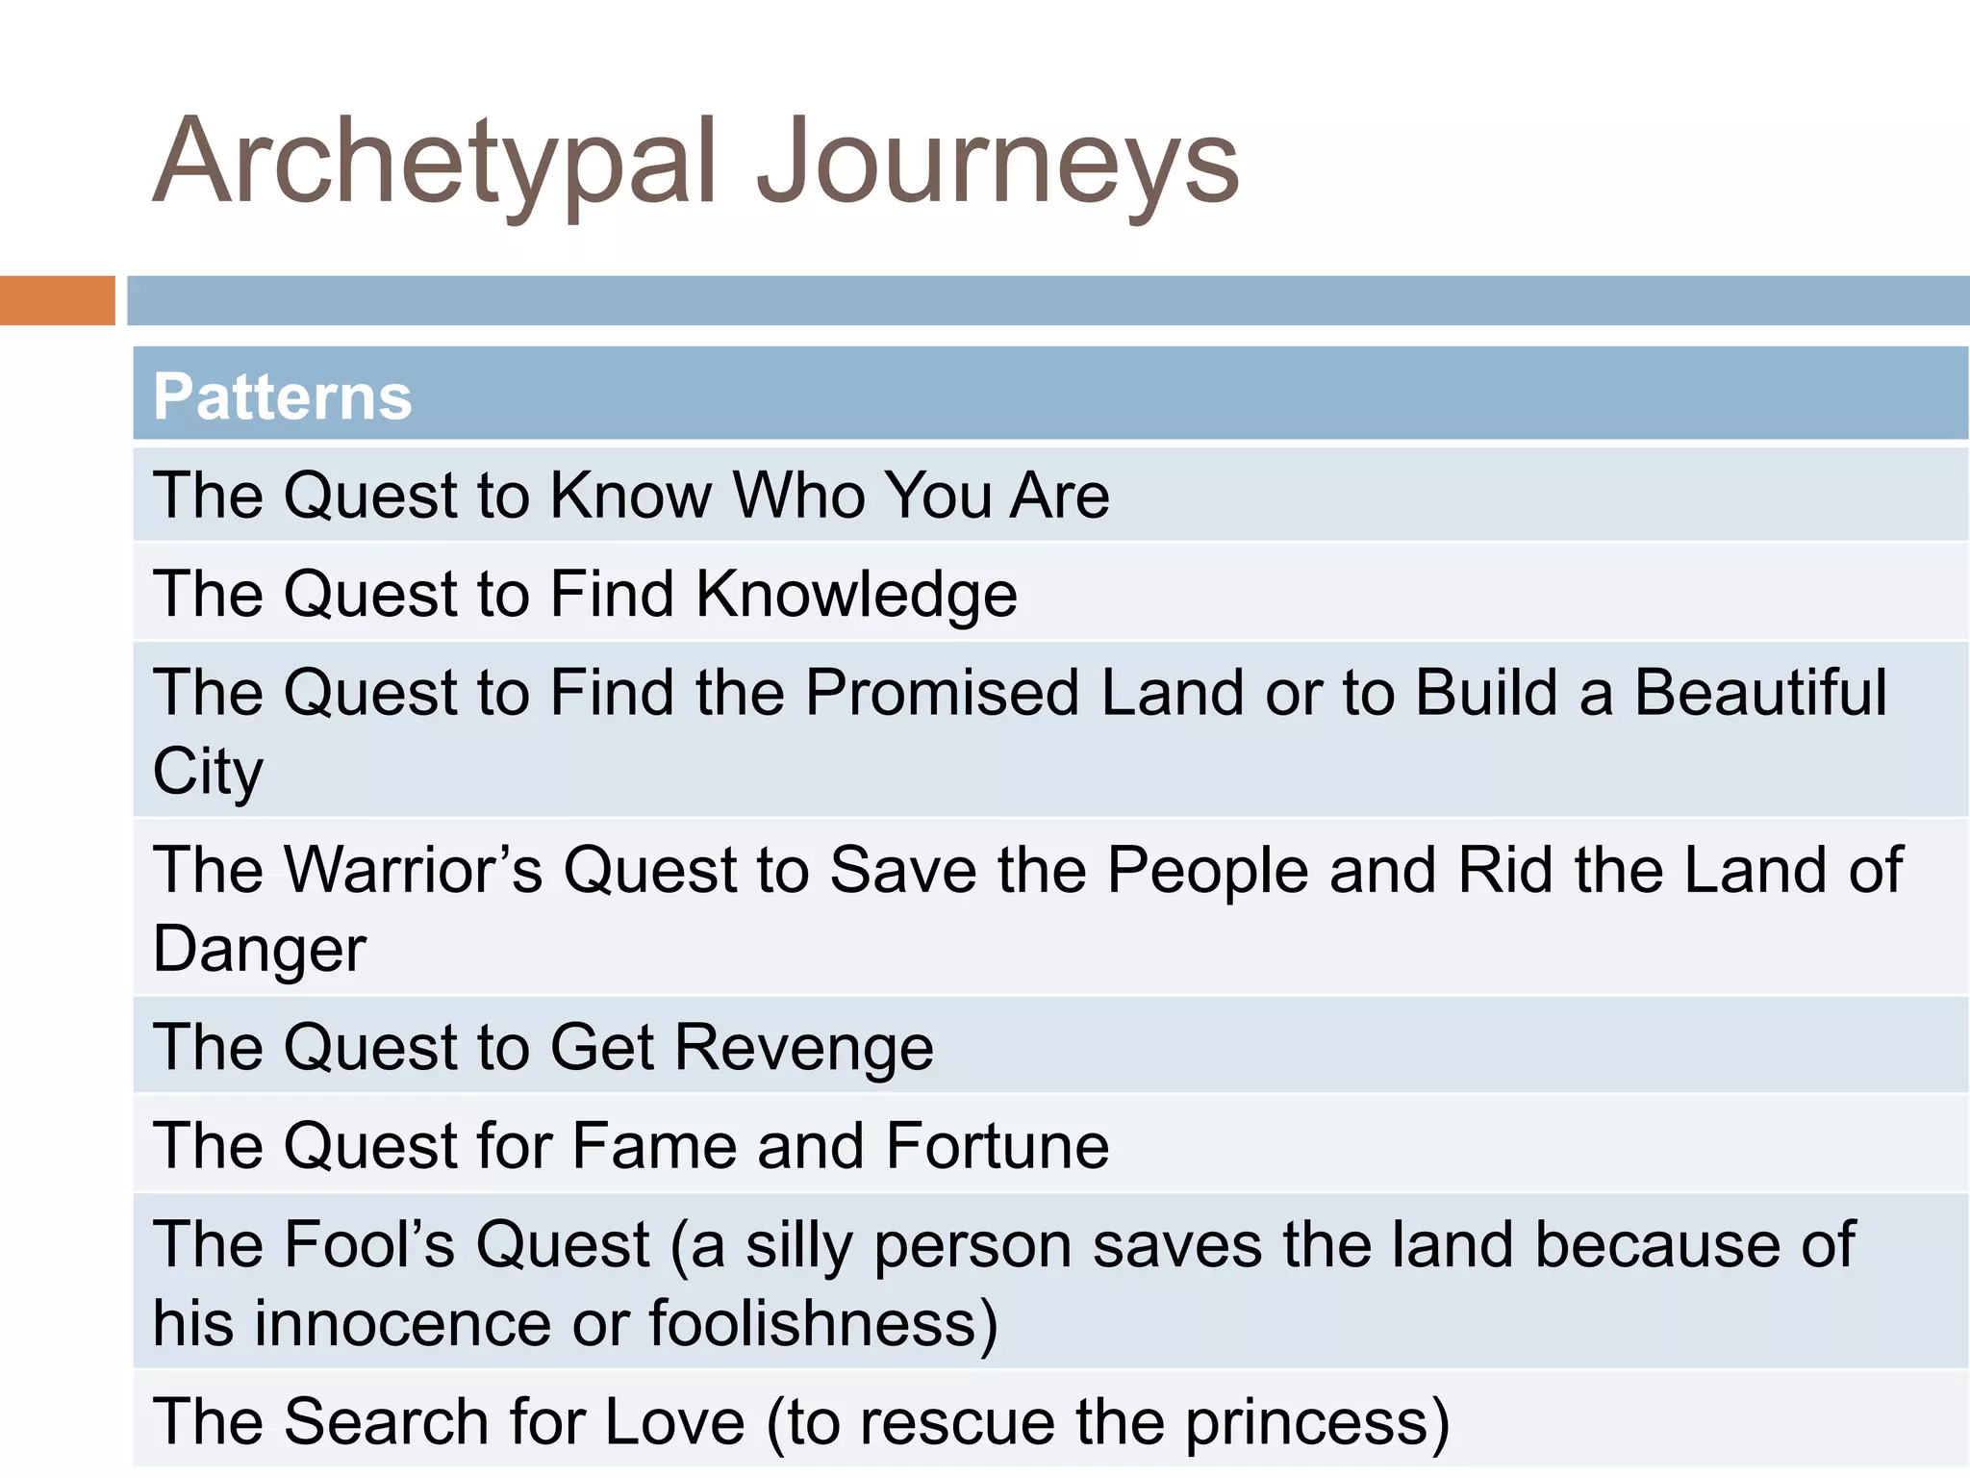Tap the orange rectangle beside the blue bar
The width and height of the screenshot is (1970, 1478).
[x=57, y=300]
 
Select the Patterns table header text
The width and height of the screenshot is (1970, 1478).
[x=282, y=396]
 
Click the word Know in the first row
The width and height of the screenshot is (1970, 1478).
[x=631, y=496]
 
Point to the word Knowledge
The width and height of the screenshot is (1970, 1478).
[x=856, y=595]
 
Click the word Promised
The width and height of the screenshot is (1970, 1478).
[x=943, y=693]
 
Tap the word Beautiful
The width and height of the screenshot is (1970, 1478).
[x=1760, y=693]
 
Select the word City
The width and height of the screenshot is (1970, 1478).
[x=208, y=772]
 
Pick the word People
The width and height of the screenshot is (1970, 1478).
[x=1207, y=870]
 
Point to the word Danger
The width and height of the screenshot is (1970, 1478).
[x=260, y=950]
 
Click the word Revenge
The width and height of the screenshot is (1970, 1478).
[x=804, y=1047]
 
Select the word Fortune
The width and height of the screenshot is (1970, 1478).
[x=998, y=1146]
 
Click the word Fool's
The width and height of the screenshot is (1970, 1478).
[x=371, y=1244]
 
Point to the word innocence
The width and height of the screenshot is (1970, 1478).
[x=403, y=1324]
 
